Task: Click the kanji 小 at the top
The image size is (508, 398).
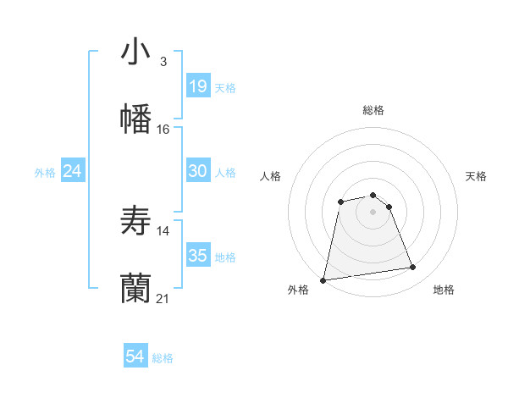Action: click(135, 53)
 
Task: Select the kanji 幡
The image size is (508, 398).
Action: click(135, 118)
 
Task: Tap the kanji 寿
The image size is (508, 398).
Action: click(135, 220)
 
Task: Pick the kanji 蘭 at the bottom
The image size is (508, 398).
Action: click(135, 288)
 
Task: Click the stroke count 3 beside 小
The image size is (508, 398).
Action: click(163, 62)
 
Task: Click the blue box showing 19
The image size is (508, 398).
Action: click(197, 86)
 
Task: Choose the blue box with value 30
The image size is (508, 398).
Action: click(197, 171)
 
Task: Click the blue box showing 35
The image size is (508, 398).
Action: click(197, 256)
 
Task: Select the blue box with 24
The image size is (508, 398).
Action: click(73, 171)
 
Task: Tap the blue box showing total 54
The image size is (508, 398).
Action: click(135, 357)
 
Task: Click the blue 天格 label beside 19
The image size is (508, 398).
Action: click(225, 87)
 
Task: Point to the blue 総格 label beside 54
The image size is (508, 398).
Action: click(163, 358)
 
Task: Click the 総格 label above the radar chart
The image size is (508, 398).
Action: click(373, 110)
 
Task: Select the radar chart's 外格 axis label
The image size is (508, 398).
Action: click(298, 290)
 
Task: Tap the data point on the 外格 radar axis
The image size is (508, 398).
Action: click(323, 279)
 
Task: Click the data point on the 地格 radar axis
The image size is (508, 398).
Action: click(413, 268)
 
